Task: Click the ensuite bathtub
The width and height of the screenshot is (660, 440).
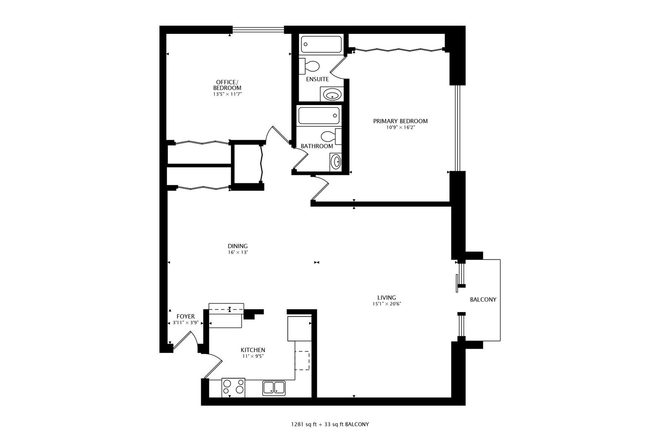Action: [321, 44]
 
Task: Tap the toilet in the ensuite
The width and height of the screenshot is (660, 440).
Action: [309, 66]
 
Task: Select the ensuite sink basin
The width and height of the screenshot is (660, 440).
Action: [332, 95]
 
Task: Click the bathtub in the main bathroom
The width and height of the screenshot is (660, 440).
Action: [319, 116]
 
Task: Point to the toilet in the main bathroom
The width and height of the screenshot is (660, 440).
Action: [331, 136]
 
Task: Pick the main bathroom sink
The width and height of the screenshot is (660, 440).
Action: [336, 162]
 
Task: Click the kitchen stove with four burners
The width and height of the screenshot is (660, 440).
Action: [233, 387]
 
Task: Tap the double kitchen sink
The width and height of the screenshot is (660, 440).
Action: [274, 388]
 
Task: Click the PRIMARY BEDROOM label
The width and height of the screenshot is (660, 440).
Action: [400, 121]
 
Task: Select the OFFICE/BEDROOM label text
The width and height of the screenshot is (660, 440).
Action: [227, 85]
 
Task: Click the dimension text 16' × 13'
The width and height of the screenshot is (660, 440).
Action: [238, 252]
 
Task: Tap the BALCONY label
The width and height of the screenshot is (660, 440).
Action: [483, 300]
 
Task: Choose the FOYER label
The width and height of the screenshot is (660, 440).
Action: [186, 317]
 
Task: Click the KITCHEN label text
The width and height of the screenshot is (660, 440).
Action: [253, 350]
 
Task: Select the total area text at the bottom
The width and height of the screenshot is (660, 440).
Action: [330, 425]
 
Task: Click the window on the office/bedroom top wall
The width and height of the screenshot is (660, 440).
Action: [258, 29]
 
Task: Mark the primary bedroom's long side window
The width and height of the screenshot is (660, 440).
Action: [457, 128]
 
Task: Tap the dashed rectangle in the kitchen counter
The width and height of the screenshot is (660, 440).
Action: [302, 361]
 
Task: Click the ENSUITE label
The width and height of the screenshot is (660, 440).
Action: [317, 79]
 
